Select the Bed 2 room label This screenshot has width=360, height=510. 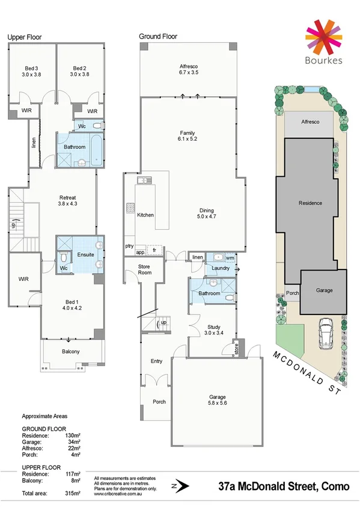coord(81,68)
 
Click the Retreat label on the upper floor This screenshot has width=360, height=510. coord(67,197)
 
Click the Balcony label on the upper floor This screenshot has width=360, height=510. coord(71,352)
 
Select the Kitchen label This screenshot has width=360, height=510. coord(145,215)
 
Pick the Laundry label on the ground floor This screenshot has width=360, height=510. coord(221,268)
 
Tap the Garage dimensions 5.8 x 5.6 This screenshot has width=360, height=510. coord(217,405)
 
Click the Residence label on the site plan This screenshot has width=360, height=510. coord(310,203)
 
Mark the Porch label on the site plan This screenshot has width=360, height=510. coord(292,293)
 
